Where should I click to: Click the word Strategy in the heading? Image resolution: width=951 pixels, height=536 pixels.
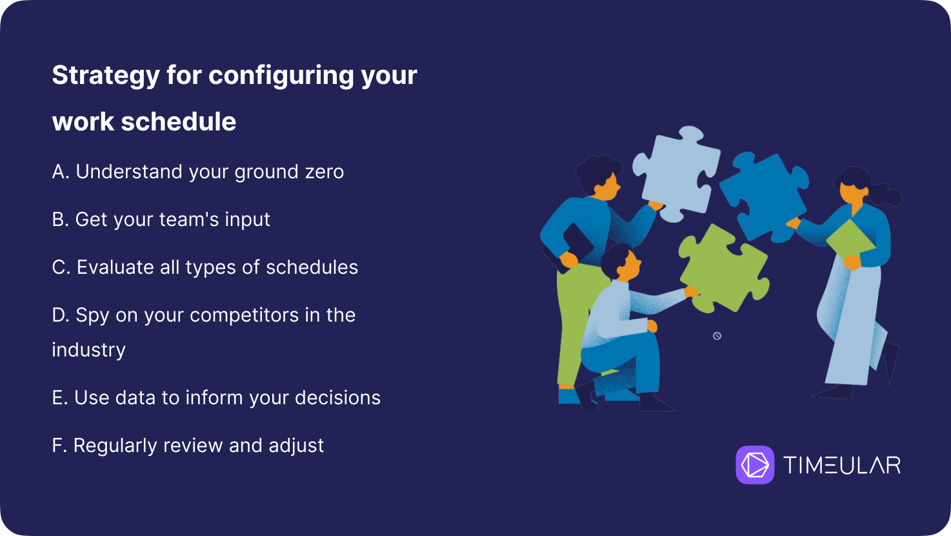(106, 76)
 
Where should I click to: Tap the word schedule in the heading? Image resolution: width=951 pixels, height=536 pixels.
(178, 121)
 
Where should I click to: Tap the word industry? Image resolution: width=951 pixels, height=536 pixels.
(89, 351)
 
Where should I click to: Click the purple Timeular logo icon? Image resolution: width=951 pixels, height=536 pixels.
(755, 464)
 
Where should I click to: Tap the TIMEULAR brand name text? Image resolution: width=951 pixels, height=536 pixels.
(842, 464)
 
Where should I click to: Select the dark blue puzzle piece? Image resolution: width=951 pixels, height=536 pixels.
(764, 196)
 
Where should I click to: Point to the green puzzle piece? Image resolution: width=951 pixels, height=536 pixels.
(724, 269)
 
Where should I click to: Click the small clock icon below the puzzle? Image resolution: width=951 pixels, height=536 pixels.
(717, 336)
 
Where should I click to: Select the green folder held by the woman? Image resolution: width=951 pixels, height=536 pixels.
(851, 240)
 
